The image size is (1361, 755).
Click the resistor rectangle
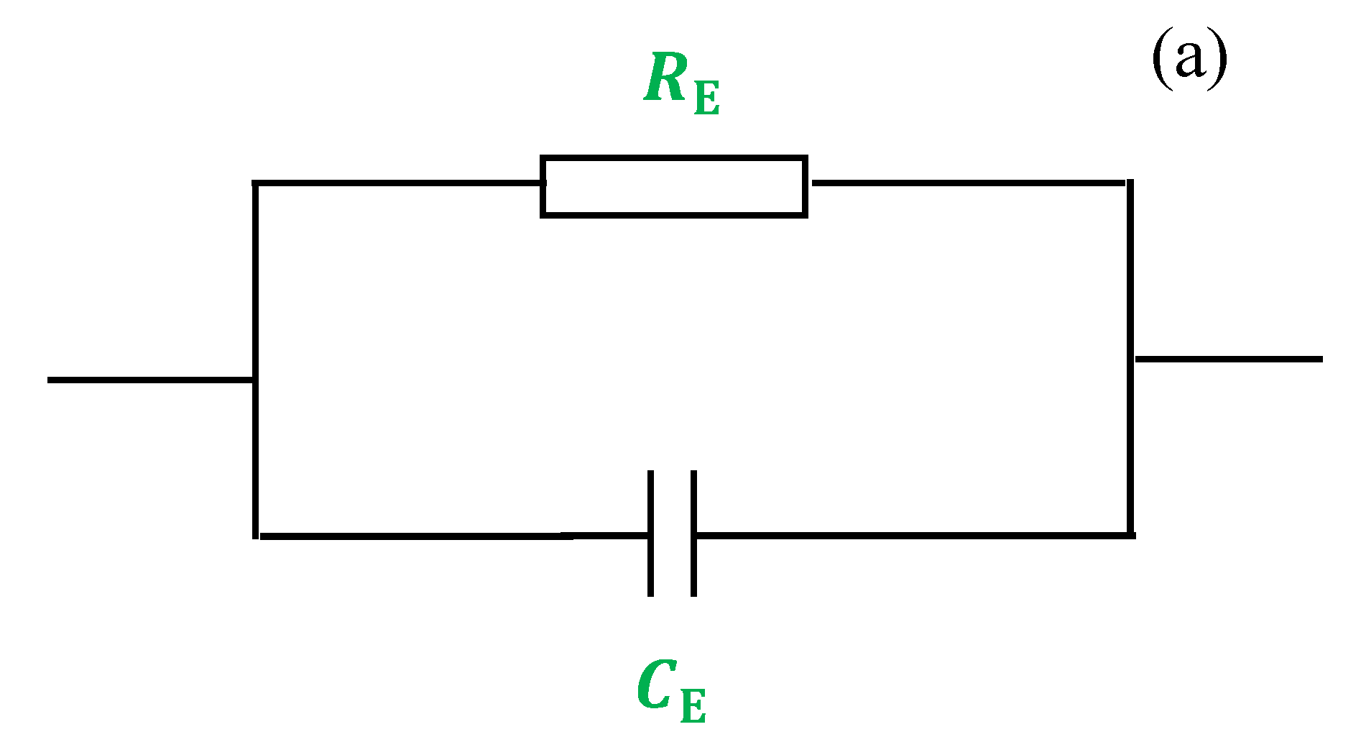674,186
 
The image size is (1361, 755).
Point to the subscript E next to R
707,99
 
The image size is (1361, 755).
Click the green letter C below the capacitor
656,685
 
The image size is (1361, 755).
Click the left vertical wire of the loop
255,288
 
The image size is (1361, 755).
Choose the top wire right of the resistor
967,183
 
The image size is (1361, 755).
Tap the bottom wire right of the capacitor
913,535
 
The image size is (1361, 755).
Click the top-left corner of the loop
255,184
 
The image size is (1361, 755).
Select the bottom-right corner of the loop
1130,534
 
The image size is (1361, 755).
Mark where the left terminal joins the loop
255,380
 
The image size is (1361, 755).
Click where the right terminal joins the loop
1131,359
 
